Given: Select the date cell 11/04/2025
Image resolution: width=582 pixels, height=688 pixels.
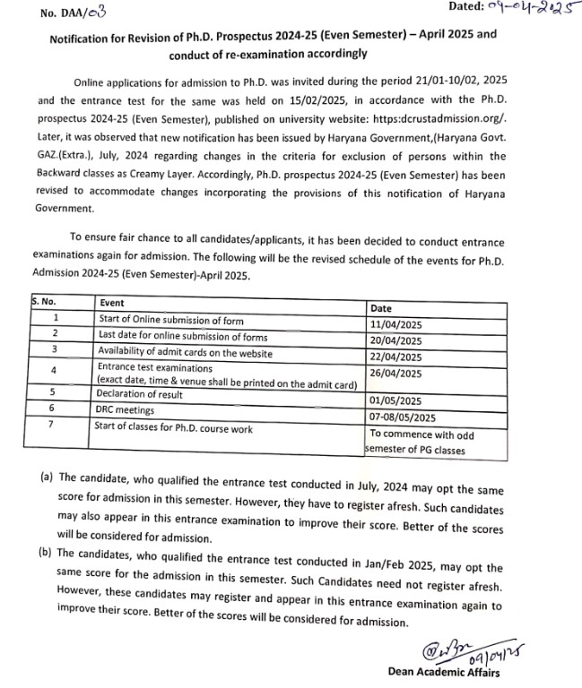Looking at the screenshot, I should (x=395, y=324).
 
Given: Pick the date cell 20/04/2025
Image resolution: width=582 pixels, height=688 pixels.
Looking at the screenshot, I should (x=395, y=340).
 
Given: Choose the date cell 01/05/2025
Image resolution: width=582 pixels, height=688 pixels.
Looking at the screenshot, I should (x=395, y=402).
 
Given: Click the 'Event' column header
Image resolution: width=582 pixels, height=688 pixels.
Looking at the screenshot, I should (x=112, y=304).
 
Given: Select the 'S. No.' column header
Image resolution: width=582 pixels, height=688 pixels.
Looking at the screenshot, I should (x=44, y=302).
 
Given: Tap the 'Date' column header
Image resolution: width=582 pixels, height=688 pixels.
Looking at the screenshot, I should (x=380, y=308).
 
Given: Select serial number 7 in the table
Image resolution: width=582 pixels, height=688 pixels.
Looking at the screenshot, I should (x=55, y=425).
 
